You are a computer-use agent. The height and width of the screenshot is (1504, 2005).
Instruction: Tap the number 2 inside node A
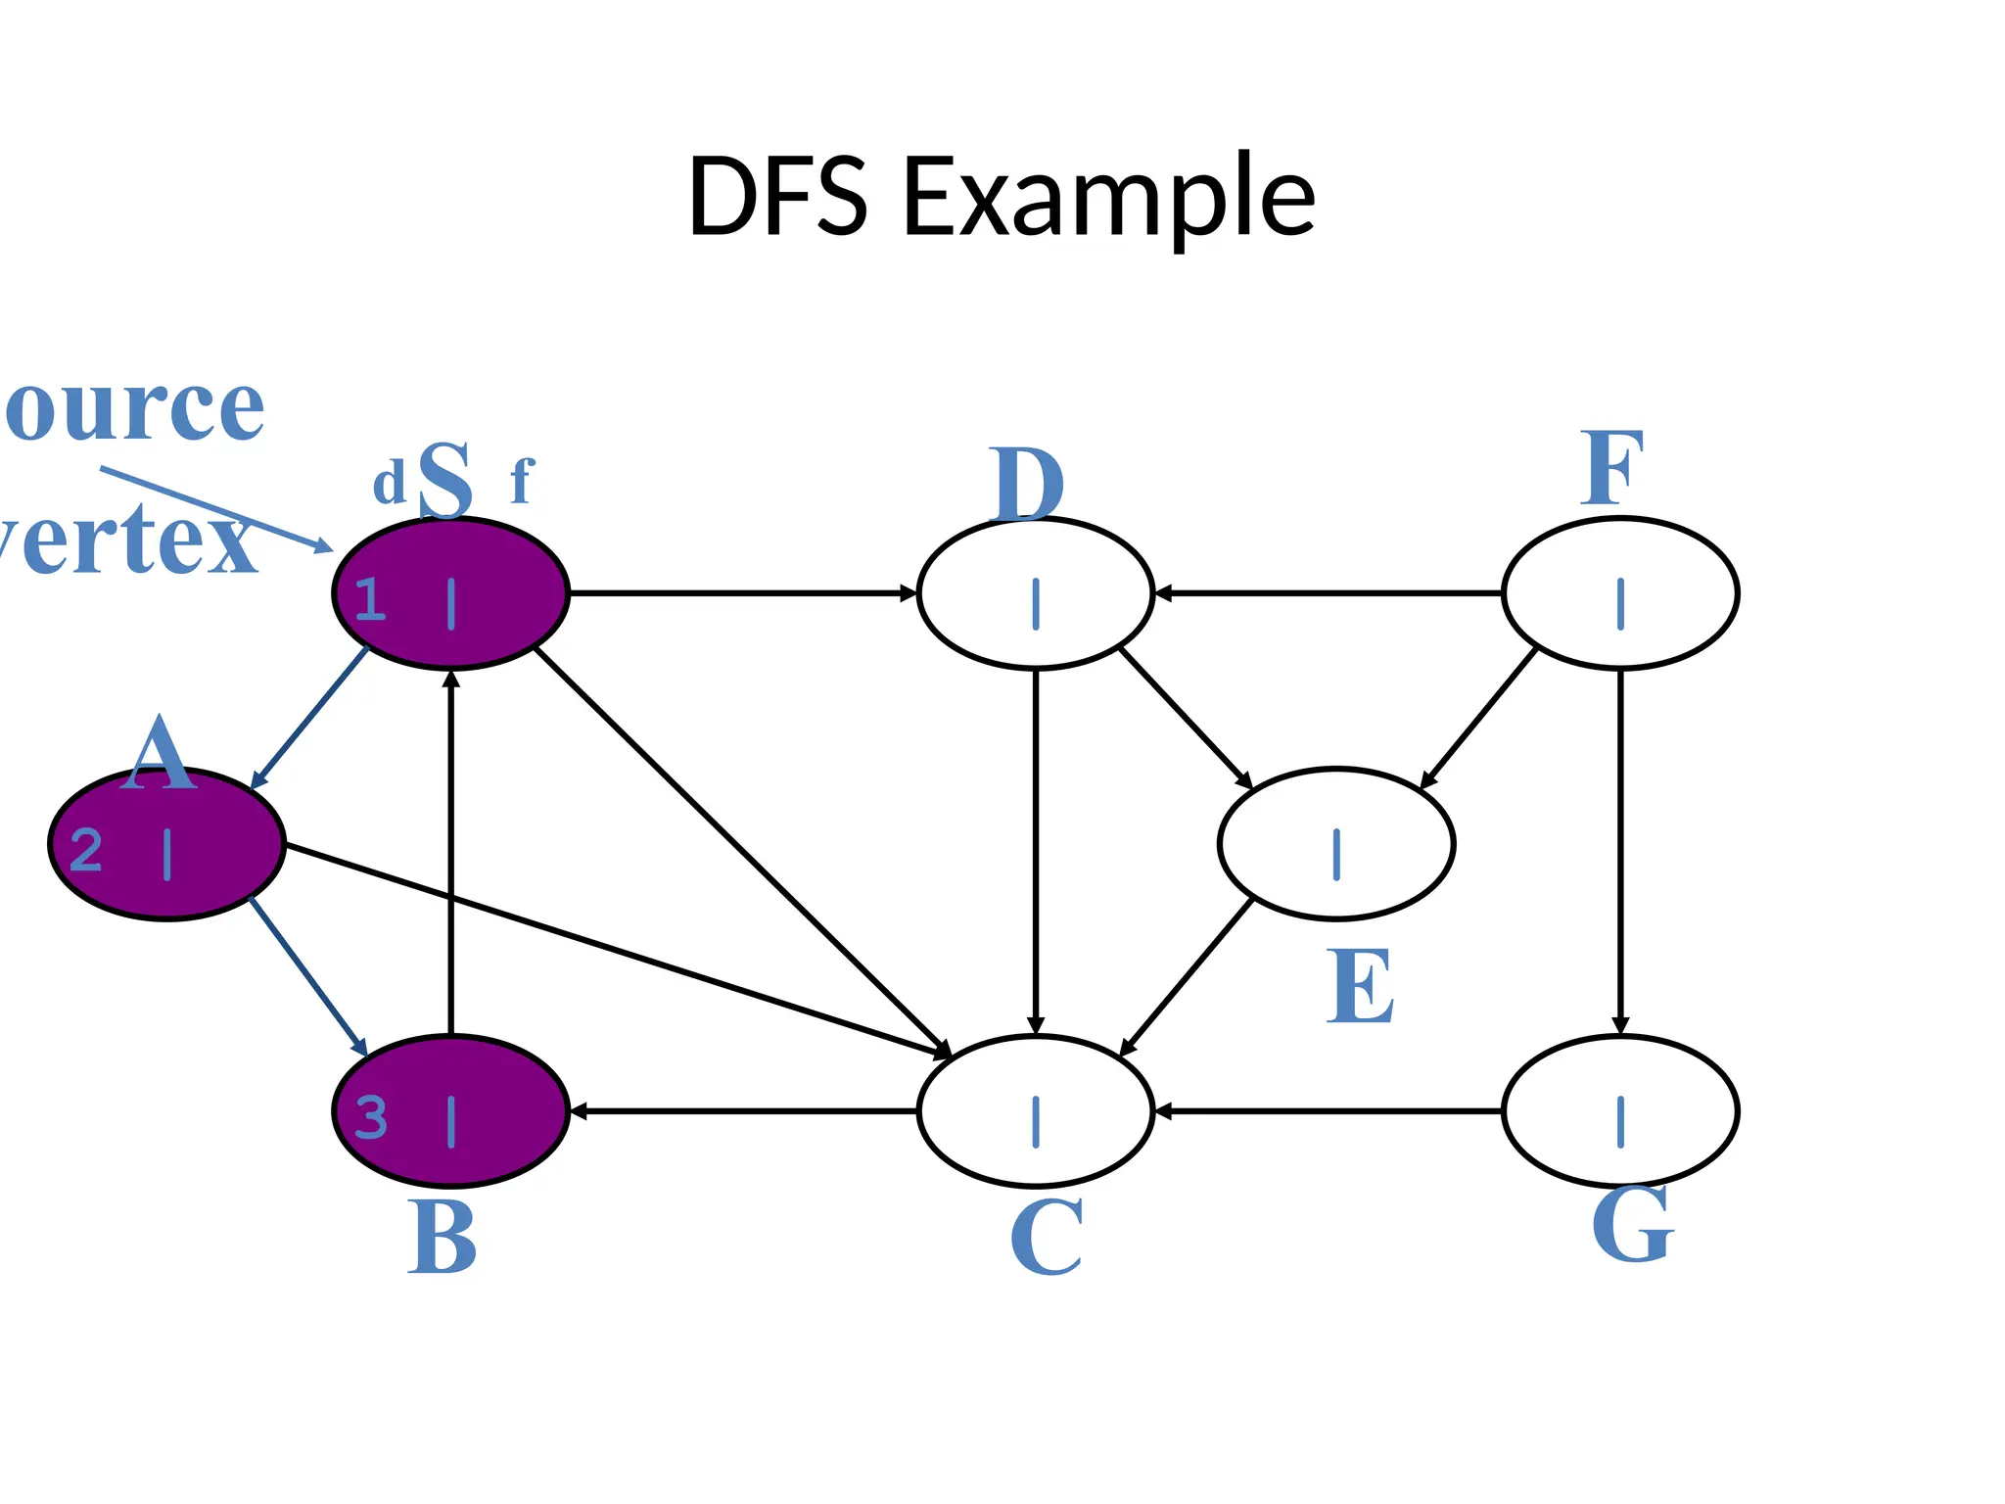[x=86, y=849]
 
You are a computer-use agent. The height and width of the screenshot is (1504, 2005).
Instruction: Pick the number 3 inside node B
[x=370, y=1117]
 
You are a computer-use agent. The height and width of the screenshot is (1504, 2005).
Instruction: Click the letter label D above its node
[x=1026, y=485]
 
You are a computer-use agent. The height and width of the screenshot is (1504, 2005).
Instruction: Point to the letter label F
[x=1611, y=469]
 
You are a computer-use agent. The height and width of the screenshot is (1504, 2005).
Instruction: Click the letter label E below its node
[x=1360, y=986]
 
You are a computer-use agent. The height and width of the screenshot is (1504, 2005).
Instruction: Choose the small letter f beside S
[x=522, y=481]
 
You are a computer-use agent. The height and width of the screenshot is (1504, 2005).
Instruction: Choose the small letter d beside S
[x=389, y=484]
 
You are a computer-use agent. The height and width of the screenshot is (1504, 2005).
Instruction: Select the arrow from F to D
[x=1328, y=593]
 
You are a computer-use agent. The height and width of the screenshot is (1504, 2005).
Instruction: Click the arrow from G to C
[x=1328, y=1111]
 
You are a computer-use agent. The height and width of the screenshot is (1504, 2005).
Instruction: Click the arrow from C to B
[x=744, y=1111]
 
